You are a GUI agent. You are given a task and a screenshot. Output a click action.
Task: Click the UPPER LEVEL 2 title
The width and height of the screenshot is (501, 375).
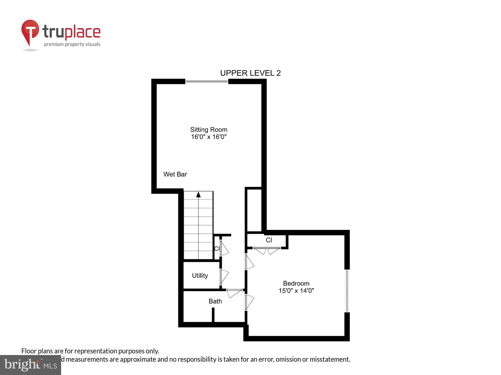click(250, 73)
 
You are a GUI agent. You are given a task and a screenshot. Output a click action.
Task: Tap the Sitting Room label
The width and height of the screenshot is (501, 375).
click(209, 129)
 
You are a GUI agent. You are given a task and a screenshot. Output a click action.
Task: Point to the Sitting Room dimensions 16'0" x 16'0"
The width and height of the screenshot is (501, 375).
click(209, 137)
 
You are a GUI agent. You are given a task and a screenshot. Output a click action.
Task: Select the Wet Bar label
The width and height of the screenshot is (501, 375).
click(175, 174)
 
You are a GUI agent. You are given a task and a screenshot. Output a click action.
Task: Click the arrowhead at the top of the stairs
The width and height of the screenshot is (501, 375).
click(198, 194)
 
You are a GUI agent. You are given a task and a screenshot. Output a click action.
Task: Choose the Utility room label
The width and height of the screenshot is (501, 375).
click(200, 275)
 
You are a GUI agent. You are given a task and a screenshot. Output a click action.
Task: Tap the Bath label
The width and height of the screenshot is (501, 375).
click(215, 301)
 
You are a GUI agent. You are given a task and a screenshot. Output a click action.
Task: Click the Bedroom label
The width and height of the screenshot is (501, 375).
click(296, 283)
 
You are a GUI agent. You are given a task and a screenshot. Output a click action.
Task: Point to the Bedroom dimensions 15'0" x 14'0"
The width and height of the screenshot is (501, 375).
click(296, 290)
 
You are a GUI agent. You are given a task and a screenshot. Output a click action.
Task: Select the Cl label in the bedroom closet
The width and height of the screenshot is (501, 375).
click(269, 240)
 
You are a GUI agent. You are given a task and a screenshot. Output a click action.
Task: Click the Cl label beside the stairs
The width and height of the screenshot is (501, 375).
click(217, 248)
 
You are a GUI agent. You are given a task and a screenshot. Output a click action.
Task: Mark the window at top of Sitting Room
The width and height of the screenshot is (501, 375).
click(207, 81)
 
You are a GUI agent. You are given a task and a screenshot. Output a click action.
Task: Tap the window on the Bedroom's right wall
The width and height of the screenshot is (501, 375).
click(347, 291)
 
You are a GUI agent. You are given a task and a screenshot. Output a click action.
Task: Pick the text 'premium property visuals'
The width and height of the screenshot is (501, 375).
click(72, 44)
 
